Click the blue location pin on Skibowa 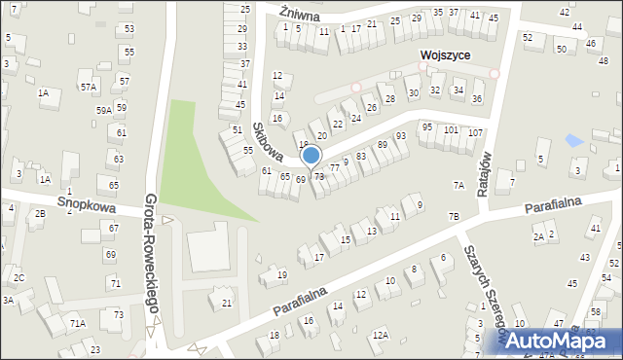coord(311,155)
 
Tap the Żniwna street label coord(299,14)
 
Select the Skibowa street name coord(267,141)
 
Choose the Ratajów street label coord(484,172)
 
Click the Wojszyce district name coord(446,55)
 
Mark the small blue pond coord(575,141)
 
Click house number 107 coord(475,132)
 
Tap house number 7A coord(458,186)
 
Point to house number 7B coord(453,216)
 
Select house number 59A coord(102,111)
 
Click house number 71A coord(77,323)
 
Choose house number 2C coord(18,278)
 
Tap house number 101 coord(451,129)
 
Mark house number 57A coord(89,88)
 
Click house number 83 coord(361,156)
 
